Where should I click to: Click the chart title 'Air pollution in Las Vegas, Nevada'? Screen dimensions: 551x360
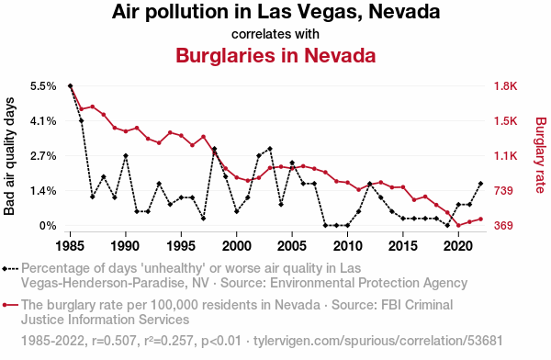tap(275, 12)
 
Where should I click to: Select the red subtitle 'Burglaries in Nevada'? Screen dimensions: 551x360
tap(275, 55)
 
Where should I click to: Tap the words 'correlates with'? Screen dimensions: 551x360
tap(275, 34)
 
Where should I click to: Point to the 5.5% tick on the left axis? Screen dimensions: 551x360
tap(43, 86)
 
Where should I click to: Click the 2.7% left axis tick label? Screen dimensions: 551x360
tap(43, 156)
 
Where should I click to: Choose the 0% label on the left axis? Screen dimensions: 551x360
tap(48, 226)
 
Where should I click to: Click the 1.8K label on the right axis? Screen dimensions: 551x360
tap(506, 86)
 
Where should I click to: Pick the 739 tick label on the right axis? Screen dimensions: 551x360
tap(503, 191)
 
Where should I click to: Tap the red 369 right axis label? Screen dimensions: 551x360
tap(503, 226)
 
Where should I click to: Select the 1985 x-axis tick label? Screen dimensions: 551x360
tap(71, 246)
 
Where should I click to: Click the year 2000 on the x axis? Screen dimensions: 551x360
tap(237, 246)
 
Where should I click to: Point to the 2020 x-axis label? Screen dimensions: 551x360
tap(458, 246)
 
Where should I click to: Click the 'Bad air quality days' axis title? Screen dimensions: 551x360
tap(9, 156)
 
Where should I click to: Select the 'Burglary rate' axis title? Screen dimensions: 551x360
tap(541, 155)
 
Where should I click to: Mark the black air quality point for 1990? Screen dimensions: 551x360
tap(126, 156)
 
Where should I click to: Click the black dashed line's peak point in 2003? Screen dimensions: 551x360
tap(270, 149)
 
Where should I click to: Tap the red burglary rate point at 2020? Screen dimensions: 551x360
tap(458, 225)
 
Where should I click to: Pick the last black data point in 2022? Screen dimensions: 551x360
tap(480, 184)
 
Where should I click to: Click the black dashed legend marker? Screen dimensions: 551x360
tap(10, 269)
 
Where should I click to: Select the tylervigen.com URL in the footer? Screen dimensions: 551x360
tap(378, 341)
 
